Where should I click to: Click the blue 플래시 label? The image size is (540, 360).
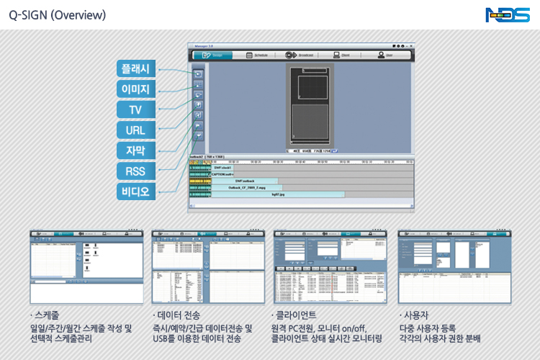pyautogui.click(x=135, y=69)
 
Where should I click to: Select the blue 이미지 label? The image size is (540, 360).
pyautogui.click(x=135, y=89)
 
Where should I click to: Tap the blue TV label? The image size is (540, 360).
pyautogui.click(x=135, y=110)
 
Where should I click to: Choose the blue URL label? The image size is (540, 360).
pyautogui.click(x=135, y=130)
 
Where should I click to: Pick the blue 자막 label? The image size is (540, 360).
pyautogui.click(x=135, y=150)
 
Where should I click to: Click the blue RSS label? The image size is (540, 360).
pyautogui.click(x=135, y=171)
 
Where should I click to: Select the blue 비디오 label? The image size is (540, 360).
pyautogui.click(x=135, y=192)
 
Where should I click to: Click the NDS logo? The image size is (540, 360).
pyautogui.click(x=508, y=14)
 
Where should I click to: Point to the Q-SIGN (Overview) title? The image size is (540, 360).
pyautogui.click(x=58, y=14)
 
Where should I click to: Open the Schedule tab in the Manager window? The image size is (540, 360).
pyautogui.click(x=257, y=55)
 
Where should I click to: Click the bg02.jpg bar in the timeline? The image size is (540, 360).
pyautogui.click(x=275, y=194)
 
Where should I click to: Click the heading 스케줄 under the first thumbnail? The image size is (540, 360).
pyautogui.click(x=47, y=315)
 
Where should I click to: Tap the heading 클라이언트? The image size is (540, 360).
pyautogui.click(x=295, y=315)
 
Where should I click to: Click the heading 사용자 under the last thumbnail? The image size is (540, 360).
pyautogui.click(x=415, y=315)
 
